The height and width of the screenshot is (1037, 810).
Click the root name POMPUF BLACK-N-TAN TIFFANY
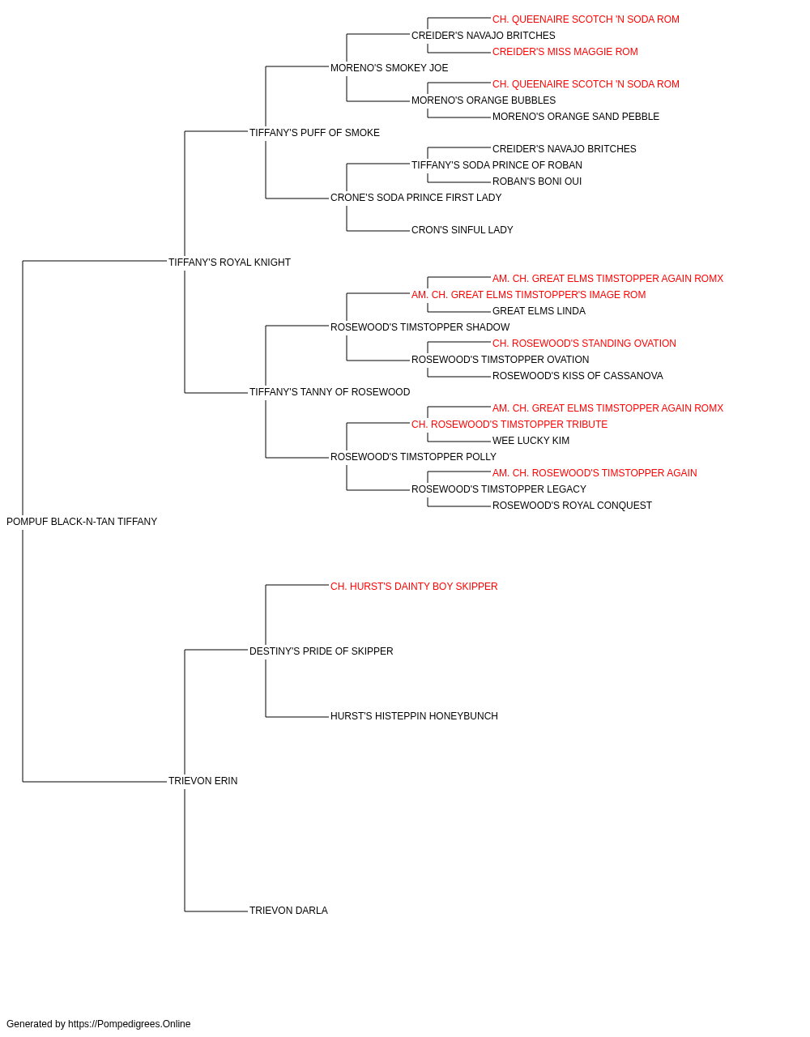(82, 522)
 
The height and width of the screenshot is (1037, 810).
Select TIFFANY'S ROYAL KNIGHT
(229, 262)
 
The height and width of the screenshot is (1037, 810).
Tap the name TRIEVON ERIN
(202, 781)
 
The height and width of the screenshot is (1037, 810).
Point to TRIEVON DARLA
(288, 911)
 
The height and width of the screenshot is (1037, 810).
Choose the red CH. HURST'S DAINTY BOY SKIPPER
(414, 587)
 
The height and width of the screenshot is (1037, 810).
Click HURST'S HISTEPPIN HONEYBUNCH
(414, 716)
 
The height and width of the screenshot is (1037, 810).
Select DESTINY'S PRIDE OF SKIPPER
(321, 651)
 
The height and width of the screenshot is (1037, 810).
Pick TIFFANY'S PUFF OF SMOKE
(314, 133)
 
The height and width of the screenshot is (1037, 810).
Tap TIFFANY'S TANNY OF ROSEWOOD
(330, 392)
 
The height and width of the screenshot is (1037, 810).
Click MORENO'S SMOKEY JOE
(390, 68)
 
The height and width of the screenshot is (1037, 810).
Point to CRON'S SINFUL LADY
(463, 230)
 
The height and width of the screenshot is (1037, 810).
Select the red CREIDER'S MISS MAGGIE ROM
(565, 52)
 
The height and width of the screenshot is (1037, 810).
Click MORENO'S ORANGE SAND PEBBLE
(576, 117)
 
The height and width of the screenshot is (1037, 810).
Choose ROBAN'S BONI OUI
(537, 181)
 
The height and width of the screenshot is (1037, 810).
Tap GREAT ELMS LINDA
(539, 310)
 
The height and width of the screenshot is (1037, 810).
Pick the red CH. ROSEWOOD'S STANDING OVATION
(584, 344)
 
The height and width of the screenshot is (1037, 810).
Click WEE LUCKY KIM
(531, 441)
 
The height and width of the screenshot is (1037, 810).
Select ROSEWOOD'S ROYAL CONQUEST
(572, 506)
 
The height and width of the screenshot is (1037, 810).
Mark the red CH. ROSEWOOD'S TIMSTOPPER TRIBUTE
(509, 425)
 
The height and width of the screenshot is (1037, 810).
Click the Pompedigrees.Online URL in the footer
(130, 1024)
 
